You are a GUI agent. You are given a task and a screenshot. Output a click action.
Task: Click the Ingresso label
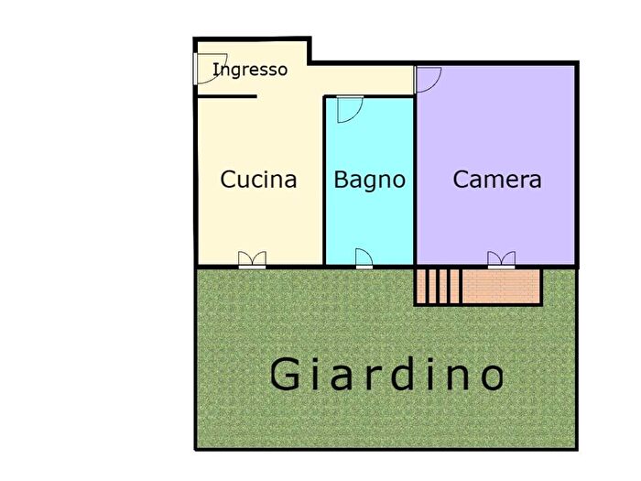pos(250,70)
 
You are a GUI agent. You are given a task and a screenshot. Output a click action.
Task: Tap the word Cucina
pos(258,180)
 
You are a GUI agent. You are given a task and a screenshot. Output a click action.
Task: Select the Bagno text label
pos(369,180)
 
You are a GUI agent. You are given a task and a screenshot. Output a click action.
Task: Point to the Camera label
pos(497,180)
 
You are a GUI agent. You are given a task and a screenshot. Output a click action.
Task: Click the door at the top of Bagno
pos(348,109)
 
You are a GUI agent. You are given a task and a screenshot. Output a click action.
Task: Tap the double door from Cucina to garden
pos(251,260)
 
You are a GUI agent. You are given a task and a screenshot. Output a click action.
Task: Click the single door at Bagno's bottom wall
pos(364,259)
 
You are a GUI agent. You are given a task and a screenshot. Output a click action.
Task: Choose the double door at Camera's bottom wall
pos(501,260)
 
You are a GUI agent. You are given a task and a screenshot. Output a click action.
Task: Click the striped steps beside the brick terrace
pos(439,286)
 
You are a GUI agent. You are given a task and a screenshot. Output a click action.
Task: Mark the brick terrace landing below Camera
pos(502,286)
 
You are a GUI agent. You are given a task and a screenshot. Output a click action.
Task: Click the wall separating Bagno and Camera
pos(416,183)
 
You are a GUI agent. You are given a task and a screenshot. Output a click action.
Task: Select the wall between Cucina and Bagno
pos(324,183)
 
